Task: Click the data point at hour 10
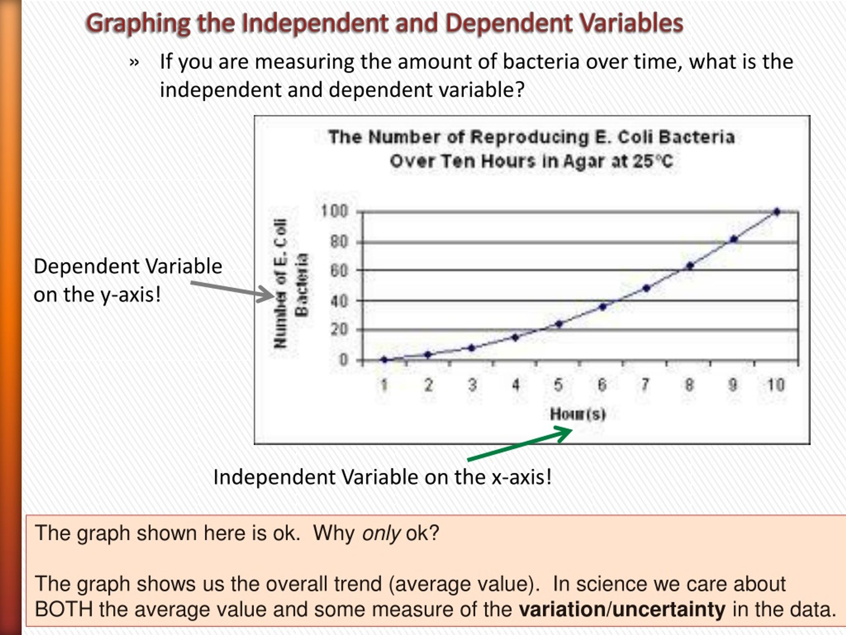tap(777, 212)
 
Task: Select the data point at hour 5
tap(559, 324)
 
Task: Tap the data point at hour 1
tap(384, 360)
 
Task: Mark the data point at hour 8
tap(690, 266)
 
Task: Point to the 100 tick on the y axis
tap(334, 211)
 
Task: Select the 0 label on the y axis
tap(343, 360)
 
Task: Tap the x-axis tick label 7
tap(646, 384)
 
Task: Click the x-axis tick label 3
tap(472, 385)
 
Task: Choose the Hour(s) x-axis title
tap(578, 414)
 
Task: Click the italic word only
tap(381, 533)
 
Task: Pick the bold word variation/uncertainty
tap(622, 609)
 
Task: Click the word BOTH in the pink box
tap(63, 609)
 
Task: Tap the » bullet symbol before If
tap(134, 62)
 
